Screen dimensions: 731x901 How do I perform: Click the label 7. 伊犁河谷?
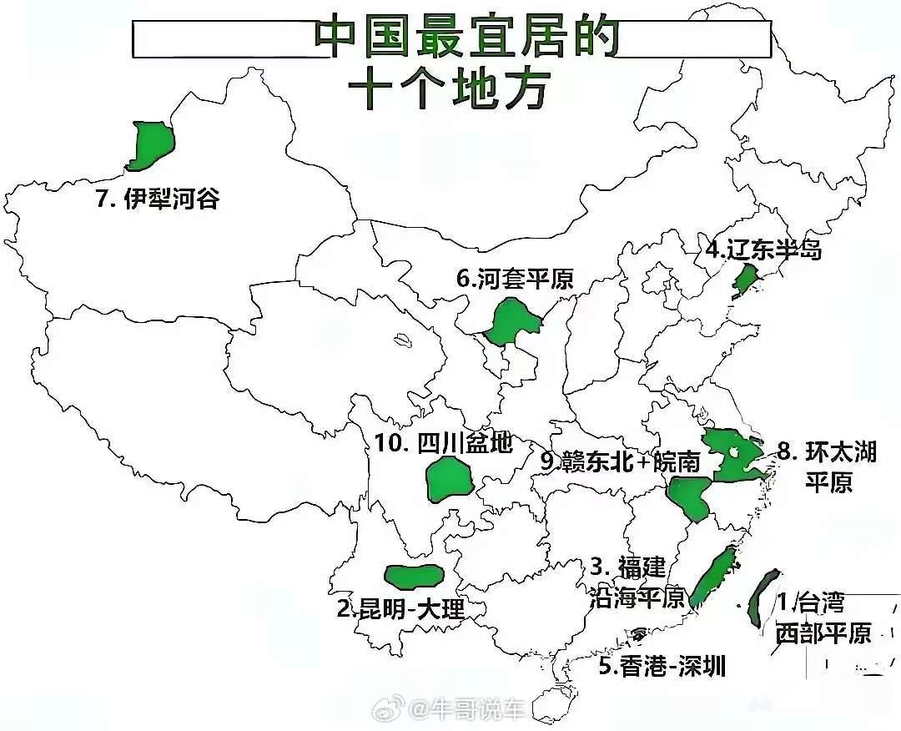(x=158, y=199)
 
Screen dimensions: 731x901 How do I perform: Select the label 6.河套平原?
(x=515, y=279)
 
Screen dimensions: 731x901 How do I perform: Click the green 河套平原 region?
(x=510, y=321)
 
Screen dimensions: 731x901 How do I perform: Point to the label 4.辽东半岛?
(x=763, y=250)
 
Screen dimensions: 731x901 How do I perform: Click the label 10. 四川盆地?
(x=443, y=442)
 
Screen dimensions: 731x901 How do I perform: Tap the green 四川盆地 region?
(x=449, y=481)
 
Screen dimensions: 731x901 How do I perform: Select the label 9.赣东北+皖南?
(x=620, y=461)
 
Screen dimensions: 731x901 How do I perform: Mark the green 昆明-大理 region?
(x=413, y=575)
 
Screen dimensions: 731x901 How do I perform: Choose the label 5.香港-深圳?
(x=662, y=666)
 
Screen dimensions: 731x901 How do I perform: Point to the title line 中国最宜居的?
(x=467, y=38)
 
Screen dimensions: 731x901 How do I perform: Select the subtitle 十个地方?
(x=450, y=88)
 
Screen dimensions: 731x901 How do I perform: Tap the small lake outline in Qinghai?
(x=404, y=340)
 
